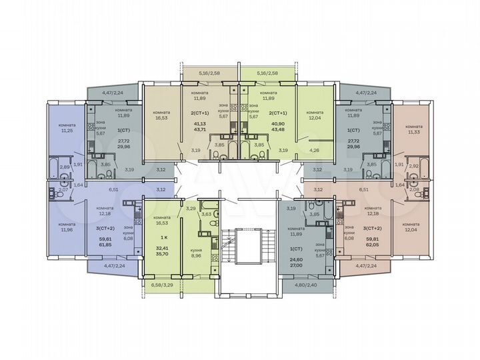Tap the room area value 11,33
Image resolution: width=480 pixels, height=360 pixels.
point(413,131)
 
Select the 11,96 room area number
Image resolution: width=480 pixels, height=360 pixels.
point(67,230)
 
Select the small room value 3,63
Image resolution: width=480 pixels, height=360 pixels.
point(206,214)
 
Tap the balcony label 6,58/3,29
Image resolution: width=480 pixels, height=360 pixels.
point(157,285)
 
